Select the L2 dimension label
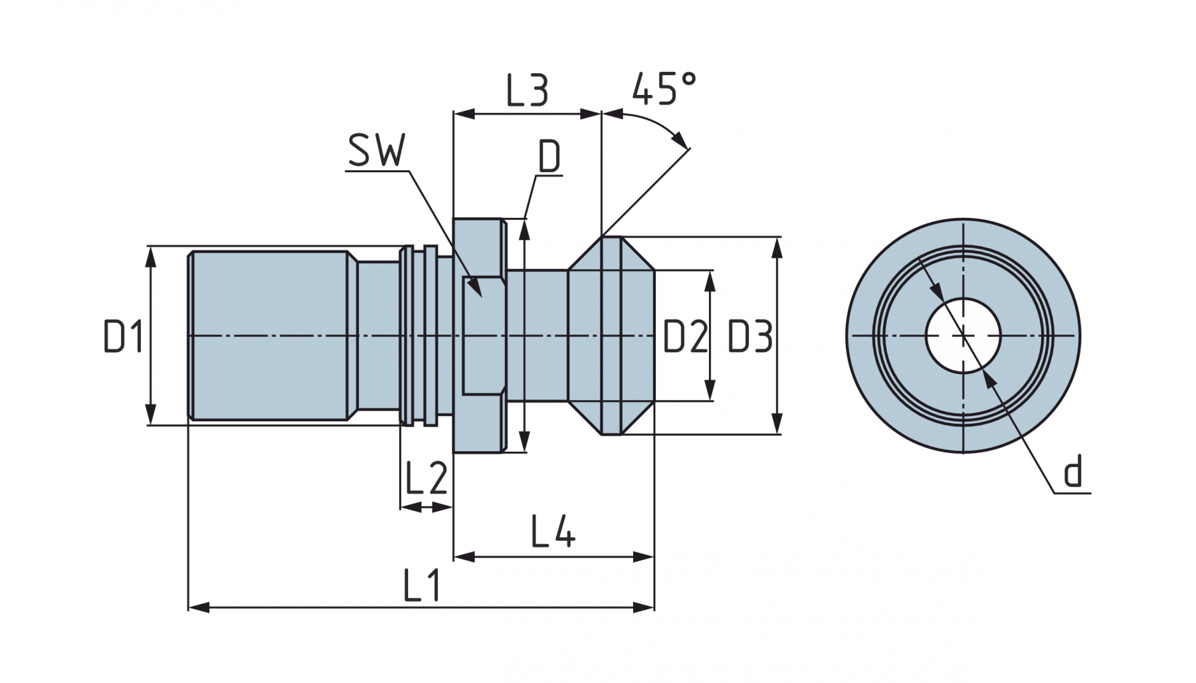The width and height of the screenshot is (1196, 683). pyautogui.click(x=426, y=478)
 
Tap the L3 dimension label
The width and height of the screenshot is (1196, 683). pyautogui.click(x=527, y=91)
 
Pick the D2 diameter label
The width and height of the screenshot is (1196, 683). pyautogui.click(x=685, y=336)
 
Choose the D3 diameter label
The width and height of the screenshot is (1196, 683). pyautogui.click(x=749, y=336)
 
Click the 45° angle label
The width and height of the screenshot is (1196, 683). pyautogui.click(x=664, y=89)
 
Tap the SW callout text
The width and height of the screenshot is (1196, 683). pyautogui.click(x=376, y=151)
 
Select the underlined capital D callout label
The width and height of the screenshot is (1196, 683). pyautogui.click(x=549, y=158)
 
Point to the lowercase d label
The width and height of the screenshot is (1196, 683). pyautogui.click(x=1073, y=472)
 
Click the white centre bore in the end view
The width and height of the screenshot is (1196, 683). pyautogui.click(x=963, y=335)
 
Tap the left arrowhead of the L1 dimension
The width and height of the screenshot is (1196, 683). pyautogui.click(x=198, y=607)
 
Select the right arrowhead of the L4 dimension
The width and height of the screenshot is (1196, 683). pyautogui.click(x=645, y=557)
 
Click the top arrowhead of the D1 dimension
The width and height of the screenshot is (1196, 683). pyautogui.click(x=151, y=255)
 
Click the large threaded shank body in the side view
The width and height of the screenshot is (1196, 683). pyautogui.click(x=269, y=336)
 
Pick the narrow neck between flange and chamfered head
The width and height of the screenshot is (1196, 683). pyautogui.click(x=537, y=336)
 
